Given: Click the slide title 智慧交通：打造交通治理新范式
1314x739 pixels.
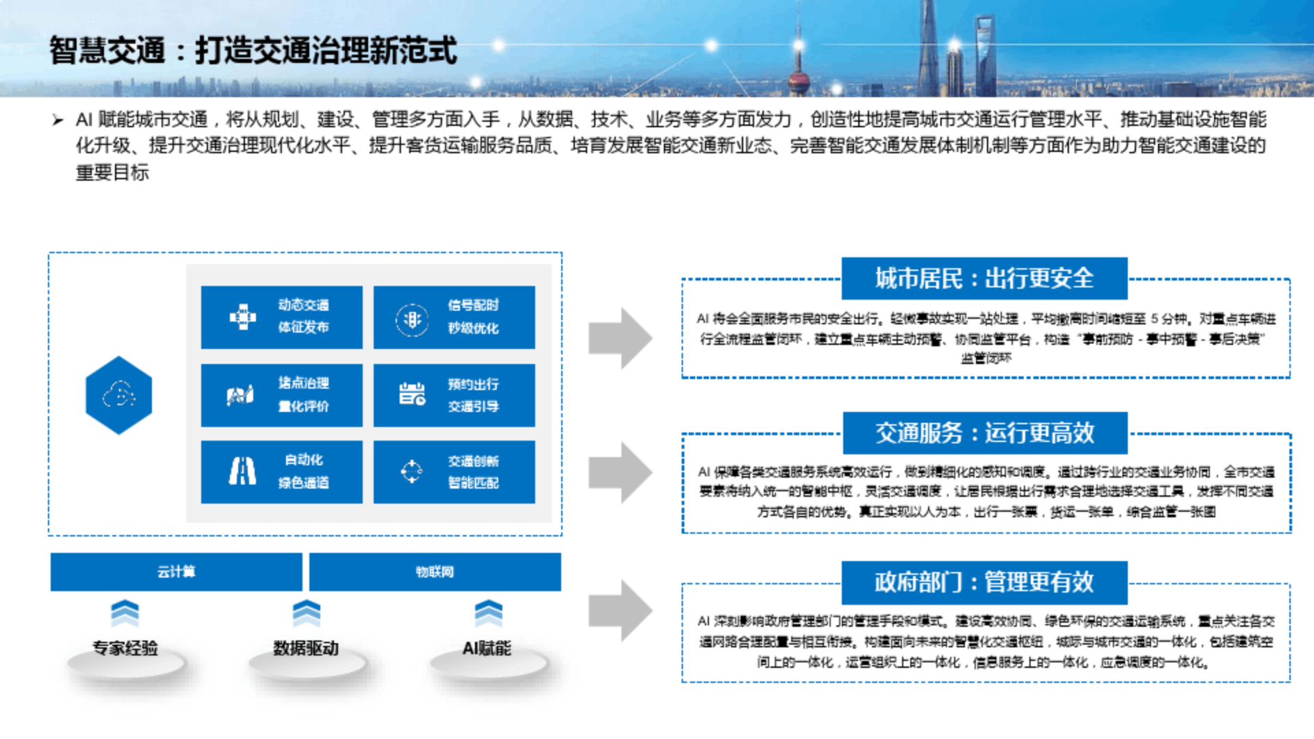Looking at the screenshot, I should coord(253,51).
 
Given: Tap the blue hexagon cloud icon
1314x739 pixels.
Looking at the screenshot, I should coord(119,395).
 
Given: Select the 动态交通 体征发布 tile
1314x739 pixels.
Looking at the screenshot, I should coord(281,317).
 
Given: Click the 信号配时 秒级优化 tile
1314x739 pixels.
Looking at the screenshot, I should coord(454,317).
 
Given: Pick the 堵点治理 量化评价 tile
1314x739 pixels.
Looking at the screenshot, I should coord(281,395).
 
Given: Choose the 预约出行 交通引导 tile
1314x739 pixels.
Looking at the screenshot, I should coord(454,395).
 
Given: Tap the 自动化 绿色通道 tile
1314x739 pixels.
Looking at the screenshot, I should coord(281,471).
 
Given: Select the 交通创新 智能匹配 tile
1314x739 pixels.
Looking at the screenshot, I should coord(454,471).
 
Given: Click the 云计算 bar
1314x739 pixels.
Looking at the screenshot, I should coord(176,571).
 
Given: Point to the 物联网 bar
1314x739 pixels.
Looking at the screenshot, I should coord(435,571).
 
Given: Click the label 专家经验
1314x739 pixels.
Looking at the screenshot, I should coord(125,647).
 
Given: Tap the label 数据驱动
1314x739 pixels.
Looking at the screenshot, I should coord(306,647).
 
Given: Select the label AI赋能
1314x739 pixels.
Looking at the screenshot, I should coord(487,647).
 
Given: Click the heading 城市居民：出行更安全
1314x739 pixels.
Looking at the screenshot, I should coord(984,278).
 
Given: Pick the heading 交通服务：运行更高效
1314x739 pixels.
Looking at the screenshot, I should coord(984,432).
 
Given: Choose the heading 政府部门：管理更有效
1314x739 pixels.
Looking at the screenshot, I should coord(984,582).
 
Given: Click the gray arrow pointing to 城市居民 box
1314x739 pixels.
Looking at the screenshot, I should coord(620,338).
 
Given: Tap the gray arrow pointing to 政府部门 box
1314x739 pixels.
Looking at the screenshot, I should coord(620,610).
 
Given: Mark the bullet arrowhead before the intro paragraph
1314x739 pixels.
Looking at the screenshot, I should coord(57,121).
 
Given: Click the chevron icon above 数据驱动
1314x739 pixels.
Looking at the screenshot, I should coord(306,613).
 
